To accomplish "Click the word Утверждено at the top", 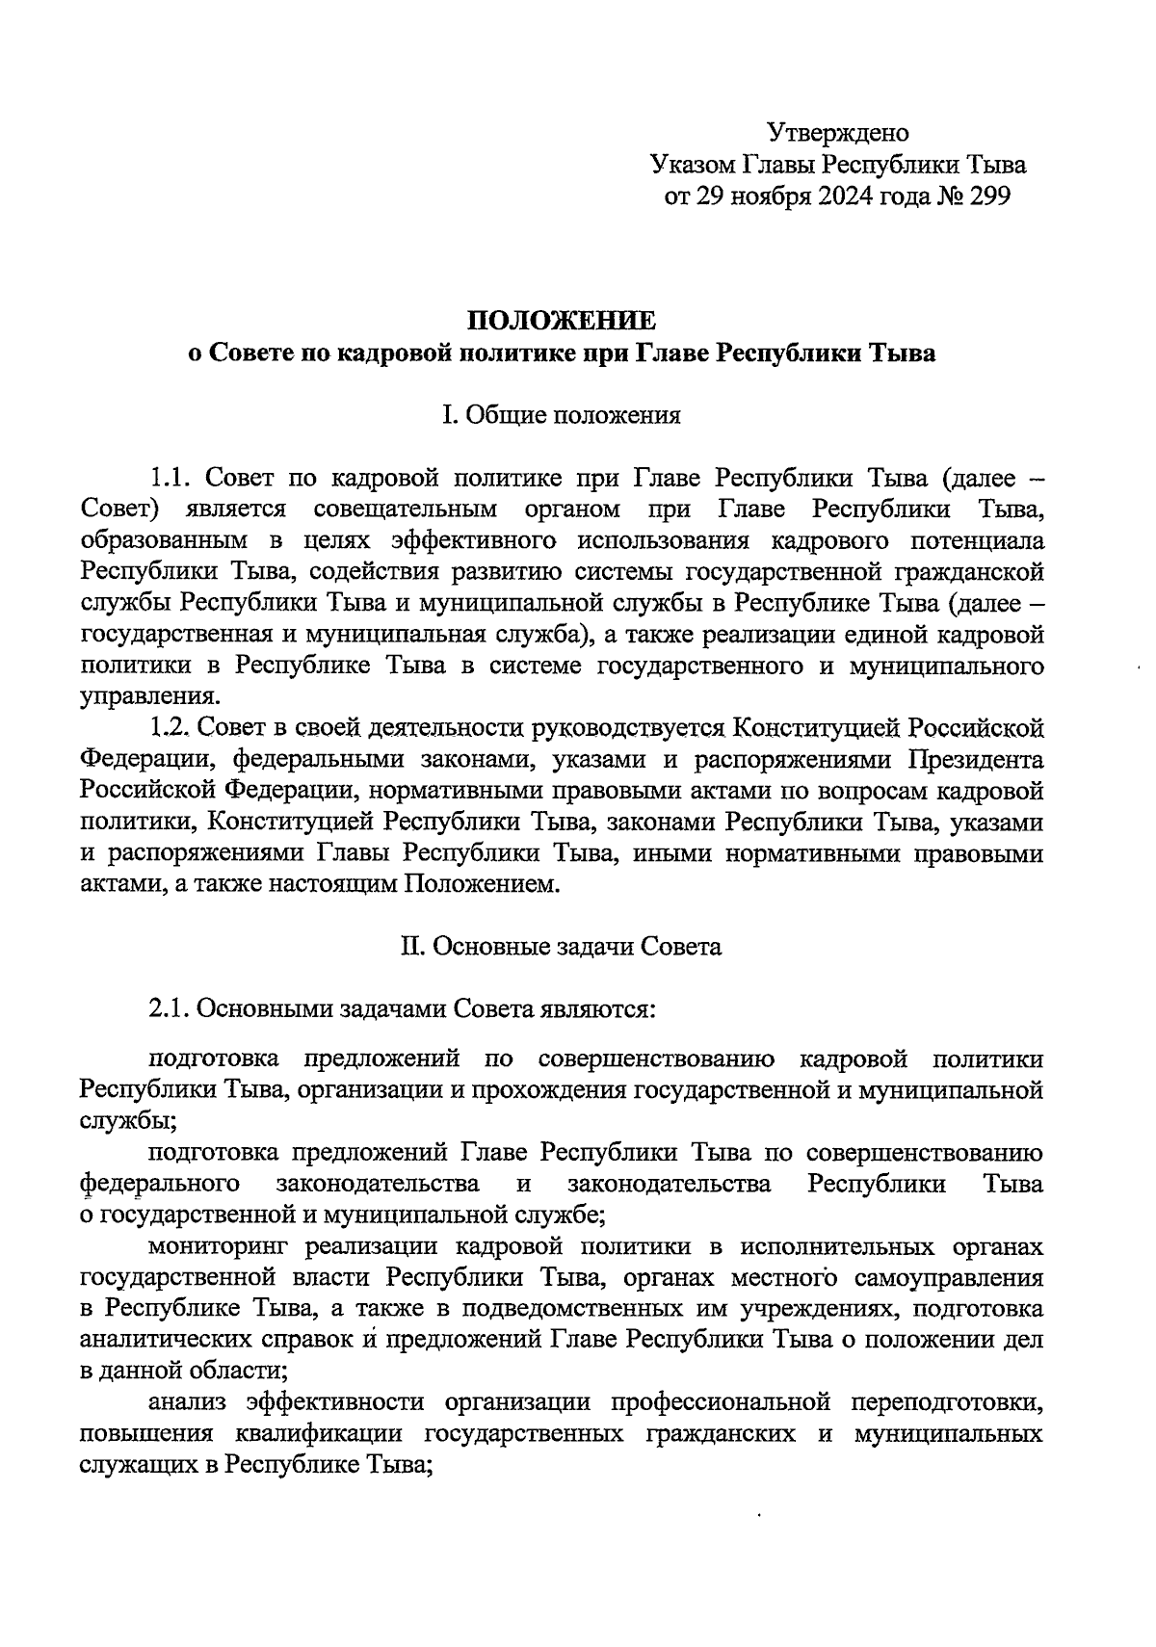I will point(837,132).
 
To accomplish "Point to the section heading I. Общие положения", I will point(561,415).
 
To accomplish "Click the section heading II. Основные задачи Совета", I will point(561,947).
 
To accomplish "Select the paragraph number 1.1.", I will point(171,478).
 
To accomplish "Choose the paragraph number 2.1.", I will point(171,1009).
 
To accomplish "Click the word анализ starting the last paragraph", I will point(189,1403).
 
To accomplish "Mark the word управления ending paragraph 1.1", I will point(148,696).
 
